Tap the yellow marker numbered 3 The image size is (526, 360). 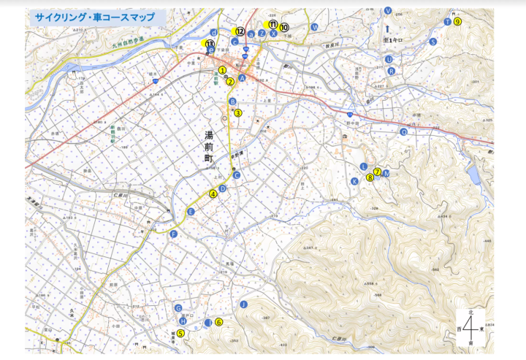tap(237, 113)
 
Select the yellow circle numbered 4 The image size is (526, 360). tap(213, 194)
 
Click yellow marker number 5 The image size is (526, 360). tap(180, 333)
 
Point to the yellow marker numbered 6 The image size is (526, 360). tap(218, 321)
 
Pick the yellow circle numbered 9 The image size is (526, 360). tap(457, 22)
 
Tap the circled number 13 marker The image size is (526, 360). tap(210, 44)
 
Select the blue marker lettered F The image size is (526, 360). tap(174, 234)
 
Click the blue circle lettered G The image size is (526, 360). tap(178, 308)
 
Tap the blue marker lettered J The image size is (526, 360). tap(244, 303)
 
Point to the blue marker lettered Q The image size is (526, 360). tap(403, 132)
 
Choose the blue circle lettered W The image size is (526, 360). tap(315, 27)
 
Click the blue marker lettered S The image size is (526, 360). tap(433, 42)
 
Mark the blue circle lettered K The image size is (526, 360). tap(354, 181)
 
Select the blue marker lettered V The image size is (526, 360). tap(388, 10)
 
